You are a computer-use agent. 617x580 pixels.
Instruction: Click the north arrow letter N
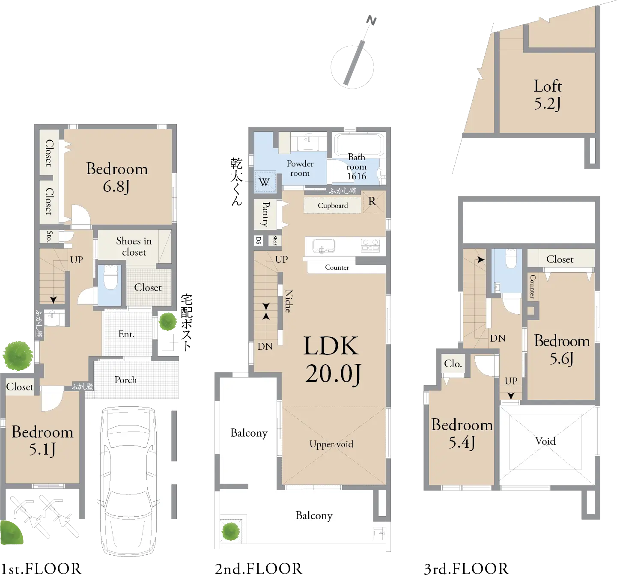point(371,21)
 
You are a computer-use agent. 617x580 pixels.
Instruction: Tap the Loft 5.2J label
point(547,95)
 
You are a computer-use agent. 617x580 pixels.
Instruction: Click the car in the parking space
point(128,481)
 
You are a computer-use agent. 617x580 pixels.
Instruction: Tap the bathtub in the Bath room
point(359,144)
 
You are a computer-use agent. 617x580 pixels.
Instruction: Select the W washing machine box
point(265,182)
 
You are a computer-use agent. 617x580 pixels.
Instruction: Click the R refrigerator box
point(373,202)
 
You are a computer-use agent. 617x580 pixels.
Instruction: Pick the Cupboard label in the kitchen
point(333,205)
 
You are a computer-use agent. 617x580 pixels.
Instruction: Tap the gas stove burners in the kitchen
point(370,245)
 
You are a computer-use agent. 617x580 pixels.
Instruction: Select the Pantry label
point(266,214)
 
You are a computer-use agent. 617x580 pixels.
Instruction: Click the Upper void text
point(331,444)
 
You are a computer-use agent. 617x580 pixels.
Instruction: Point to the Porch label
point(125,380)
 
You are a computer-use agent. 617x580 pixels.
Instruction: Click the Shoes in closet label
point(134,247)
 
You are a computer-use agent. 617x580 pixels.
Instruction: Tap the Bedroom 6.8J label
point(117,177)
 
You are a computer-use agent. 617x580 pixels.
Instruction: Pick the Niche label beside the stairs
point(289,301)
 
